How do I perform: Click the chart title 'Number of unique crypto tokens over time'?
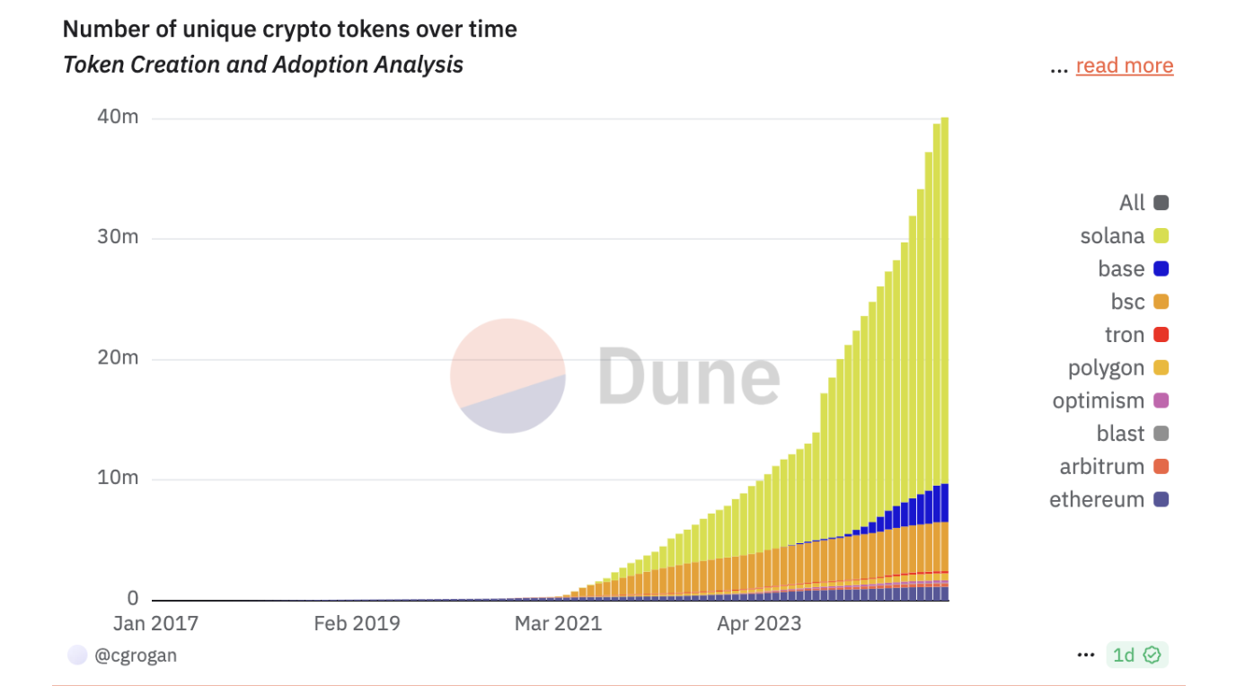[x=289, y=29]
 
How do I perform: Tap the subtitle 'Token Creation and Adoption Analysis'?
[x=263, y=65]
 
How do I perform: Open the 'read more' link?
[x=1124, y=66]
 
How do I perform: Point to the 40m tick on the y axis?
[x=119, y=118]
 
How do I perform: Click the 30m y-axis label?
[x=119, y=237]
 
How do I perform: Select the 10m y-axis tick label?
[x=119, y=477]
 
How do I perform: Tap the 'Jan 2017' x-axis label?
[x=155, y=623]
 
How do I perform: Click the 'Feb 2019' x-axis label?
[x=357, y=623]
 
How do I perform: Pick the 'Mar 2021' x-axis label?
[x=558, y=623]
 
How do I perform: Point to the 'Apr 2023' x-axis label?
[x=759, y=623]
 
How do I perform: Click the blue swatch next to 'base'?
[x=1161, y=269]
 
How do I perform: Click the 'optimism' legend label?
[x=1098, y=400]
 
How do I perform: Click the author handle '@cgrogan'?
[x=136, y=655]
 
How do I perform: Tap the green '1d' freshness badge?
[x=1136, y=655]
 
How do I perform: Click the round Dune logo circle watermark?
[x=508, y=375]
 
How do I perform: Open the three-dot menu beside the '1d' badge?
[x=1086, y=655]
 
